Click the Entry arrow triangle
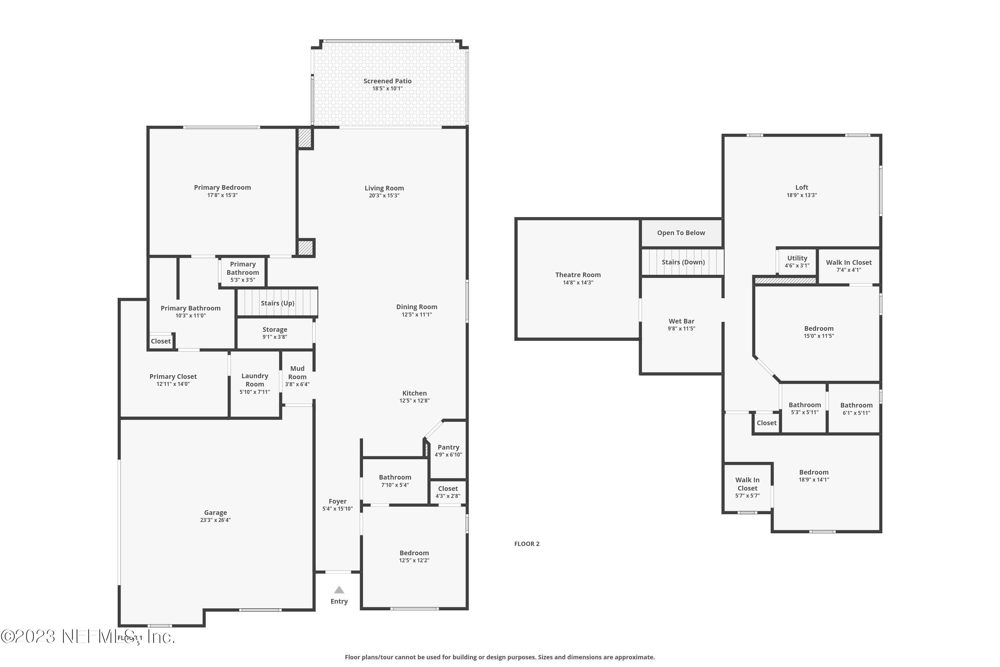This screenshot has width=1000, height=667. [339, 590]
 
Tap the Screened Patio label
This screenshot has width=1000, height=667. [387, 81]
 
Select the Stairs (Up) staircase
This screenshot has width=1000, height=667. [277, 303]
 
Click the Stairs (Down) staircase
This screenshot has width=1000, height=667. [683, 262]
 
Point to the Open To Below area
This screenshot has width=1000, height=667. [681, 233]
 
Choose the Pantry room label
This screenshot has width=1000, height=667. [448, 447]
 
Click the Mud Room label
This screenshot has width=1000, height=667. [297, 373]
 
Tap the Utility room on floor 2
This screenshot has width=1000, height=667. [797, 261]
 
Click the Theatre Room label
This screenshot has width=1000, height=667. [578, 275]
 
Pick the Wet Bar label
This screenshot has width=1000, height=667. [681, 321]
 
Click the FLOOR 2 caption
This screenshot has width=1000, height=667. [526, 544]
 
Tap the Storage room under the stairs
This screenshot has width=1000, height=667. [275, 332]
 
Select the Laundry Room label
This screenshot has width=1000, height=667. [255, 380]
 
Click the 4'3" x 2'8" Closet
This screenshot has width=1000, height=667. [448, 492]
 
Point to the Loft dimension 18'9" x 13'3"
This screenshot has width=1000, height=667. [801, 195]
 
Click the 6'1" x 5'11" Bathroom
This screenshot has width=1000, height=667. [856, 408]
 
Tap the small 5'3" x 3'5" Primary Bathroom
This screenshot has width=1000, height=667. [243, 272]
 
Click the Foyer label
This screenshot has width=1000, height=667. [338, 501]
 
